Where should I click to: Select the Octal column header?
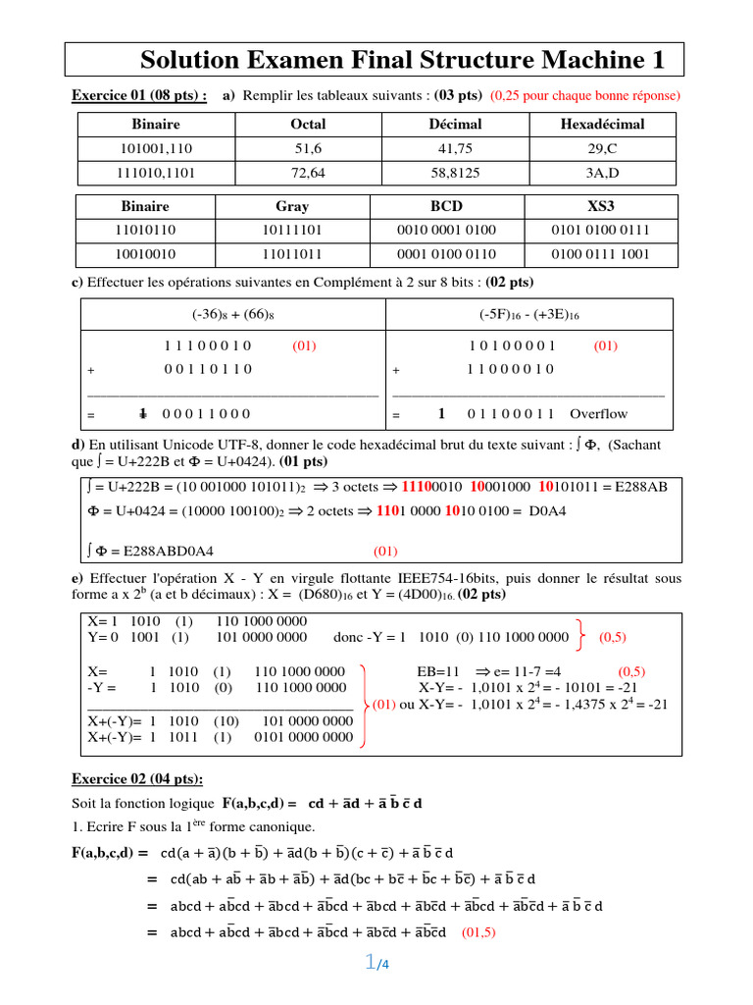point(308,125)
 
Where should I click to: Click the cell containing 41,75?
point(455,148)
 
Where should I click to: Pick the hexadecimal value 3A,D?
point(602,172)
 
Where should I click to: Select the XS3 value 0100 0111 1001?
point(601,253)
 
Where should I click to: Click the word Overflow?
point(598,414)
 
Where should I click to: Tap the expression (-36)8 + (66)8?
point(232,314)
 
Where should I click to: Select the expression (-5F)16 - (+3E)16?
point(529,314)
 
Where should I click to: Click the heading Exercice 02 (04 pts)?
point(137,779)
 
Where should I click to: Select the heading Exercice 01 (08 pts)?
point(139,95)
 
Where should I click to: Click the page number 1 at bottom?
point(370,964)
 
